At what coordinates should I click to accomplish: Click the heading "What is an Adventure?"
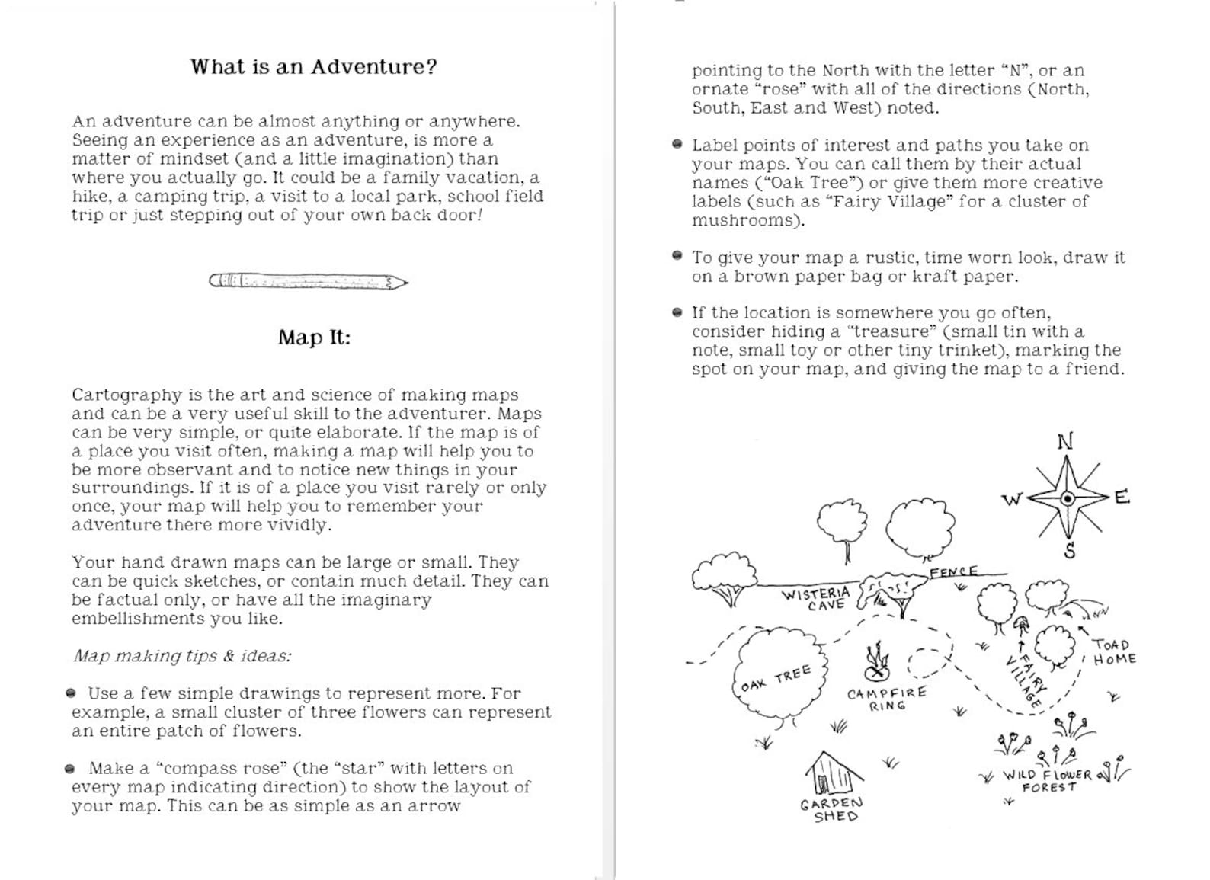coord(313,67)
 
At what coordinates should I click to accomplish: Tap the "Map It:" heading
coord(314,338)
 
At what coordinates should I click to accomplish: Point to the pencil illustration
coord(308,282)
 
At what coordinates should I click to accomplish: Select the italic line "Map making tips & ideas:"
coord(181,656)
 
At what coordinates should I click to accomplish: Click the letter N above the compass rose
coord(1065,441)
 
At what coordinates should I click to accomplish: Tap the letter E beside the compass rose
coord(1122,498)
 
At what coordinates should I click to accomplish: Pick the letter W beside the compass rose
coord(1011,500)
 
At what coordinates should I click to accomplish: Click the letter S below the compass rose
coord(1070,551)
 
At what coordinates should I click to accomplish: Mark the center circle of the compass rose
coord(1068,499)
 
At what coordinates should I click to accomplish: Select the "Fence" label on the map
coord(953,571)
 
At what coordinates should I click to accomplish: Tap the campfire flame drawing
coord(878,661)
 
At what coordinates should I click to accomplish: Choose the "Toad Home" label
coord(1114,652)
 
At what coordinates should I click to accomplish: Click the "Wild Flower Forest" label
coord(1048,780)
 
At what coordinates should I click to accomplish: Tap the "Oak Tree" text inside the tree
coord(776,678)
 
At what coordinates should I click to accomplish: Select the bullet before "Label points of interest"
coord(677,145)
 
